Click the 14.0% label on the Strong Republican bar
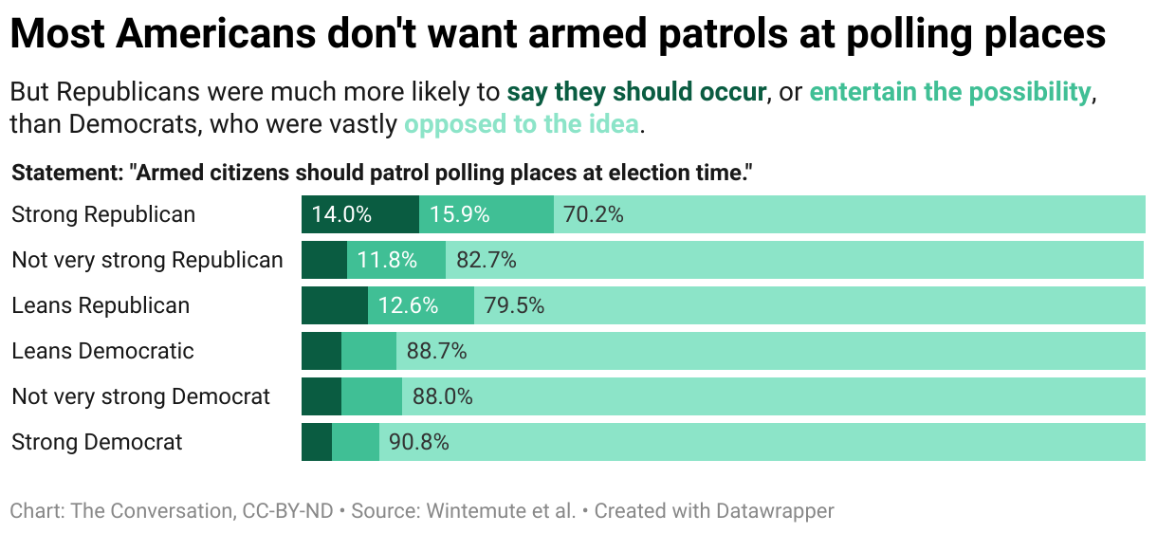coord(341,214)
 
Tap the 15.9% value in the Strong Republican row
coord(460,214)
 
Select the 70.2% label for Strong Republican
coord(594,214)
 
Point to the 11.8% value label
coord(387,260)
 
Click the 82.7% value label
coord(487,260)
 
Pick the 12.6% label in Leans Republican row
coord(409,305)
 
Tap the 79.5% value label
coord(515,305)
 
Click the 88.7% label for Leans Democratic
coord(437,351)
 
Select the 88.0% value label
coord(443,396)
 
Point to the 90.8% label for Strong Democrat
coord(419,442)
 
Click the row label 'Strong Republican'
coord(103,214)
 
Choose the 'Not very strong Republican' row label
coord(147,260)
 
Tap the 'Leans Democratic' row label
coord(102,351)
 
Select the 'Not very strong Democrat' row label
coord(141,396)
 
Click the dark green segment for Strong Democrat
coord(317,442)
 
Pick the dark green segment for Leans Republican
coord(335,305)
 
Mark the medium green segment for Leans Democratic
coord(369,351)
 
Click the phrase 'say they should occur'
coord(636,92)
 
